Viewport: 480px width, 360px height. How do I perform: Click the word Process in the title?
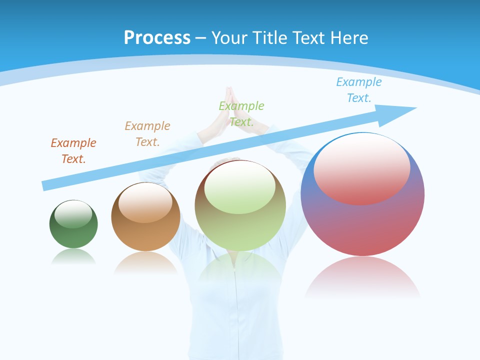[x=157, y=37]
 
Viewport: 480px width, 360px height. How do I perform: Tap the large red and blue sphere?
[x=362, y=225]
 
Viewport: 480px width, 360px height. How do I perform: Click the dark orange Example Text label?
[x=73, y=150]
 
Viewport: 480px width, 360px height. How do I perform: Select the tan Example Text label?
[x=147, y=133]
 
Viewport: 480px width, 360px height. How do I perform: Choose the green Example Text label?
[x=241, y=113]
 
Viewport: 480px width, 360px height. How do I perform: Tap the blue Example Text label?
[x=359, y=89]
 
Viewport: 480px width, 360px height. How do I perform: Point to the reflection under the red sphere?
[x=362, y=277]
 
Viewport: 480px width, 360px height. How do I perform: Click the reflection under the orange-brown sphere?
[x=145, y=262]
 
